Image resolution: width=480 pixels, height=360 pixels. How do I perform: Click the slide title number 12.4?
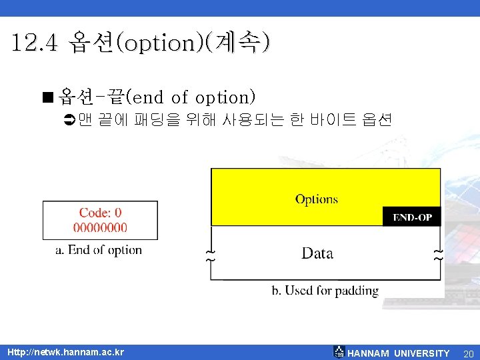tap(37, 43)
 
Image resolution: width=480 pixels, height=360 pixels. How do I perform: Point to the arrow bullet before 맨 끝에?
tap(68, 121)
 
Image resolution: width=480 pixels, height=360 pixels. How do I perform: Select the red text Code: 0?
tap(101, 213)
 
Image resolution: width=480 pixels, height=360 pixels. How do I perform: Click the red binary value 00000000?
tap(101, 227)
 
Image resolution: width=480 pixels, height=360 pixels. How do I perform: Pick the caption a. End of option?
tap(99, 250)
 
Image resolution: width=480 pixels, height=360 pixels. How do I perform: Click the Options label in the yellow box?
tap(317, 199)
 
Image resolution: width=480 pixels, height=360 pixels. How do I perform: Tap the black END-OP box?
tap(411, 217)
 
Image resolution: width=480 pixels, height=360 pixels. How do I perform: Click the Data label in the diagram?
tap(317, 253)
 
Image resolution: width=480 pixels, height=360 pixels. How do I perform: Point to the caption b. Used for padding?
tap(325, 291)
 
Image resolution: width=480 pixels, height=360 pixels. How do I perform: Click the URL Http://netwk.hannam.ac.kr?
tap(65, 352)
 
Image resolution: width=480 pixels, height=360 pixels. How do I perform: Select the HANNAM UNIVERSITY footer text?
tap(399, 353)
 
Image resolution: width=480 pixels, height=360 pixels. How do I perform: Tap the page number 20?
tap(468, 353)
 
